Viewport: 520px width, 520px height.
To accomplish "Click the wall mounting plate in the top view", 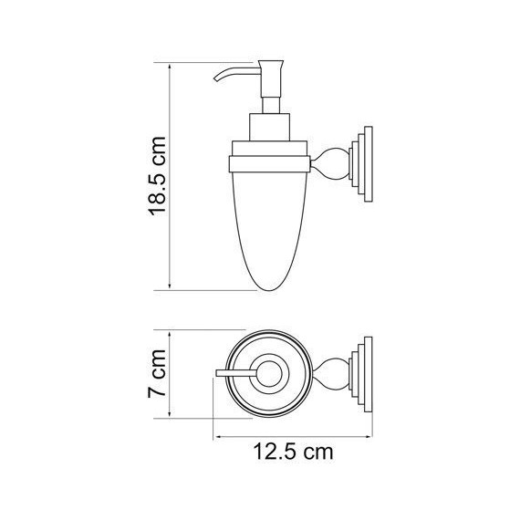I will pyautogui.click(x=365, y=373).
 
